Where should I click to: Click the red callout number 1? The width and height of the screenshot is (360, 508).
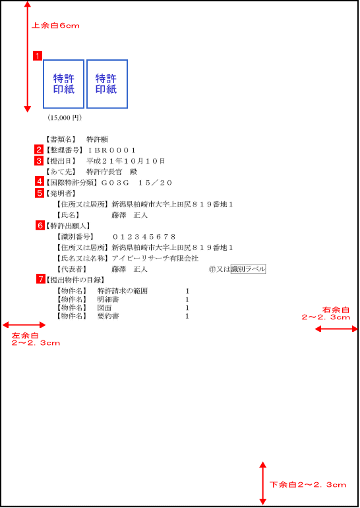[38, 55]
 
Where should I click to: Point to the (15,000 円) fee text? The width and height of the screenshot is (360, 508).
[65, 117]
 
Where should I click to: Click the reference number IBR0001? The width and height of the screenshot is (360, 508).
[111, 150]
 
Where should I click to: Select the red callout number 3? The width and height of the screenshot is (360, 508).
[39, 160]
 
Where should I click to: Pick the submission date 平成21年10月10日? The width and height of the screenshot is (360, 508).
[126, 161]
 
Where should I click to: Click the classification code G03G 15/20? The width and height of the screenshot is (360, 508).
[136, 183]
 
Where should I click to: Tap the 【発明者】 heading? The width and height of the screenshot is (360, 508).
[61, 193]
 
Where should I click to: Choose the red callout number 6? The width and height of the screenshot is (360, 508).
[40, 225]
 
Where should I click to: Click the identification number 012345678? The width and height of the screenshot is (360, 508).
[144, 237]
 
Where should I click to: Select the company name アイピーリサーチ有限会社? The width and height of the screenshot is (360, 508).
[155, 259]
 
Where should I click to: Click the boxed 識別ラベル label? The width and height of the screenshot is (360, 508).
[249, 269]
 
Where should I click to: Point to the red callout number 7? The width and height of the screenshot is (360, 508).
[40, 279]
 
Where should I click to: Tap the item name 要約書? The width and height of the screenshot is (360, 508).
[108, 316]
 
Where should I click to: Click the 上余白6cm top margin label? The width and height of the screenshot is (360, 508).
[55, 26]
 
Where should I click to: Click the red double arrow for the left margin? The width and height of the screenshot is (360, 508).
[24, 325]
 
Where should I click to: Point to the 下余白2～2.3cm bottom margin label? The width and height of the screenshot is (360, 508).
[308, 485]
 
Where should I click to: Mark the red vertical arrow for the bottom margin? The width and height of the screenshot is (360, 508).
[262, 483]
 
